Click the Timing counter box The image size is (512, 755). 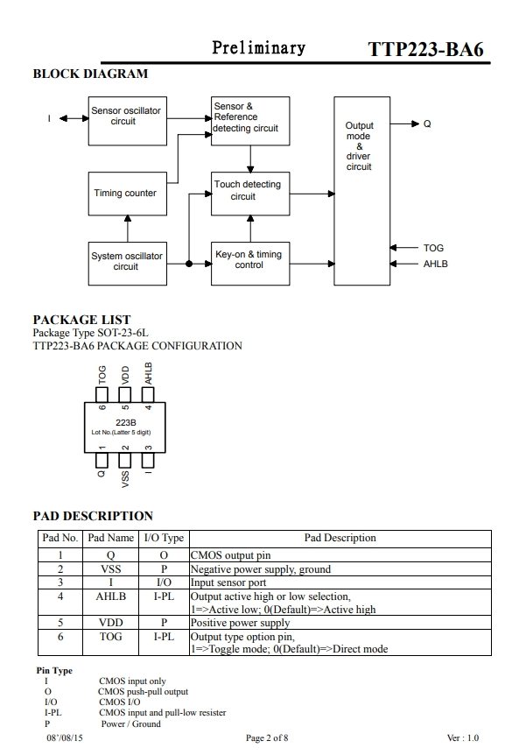tap(128, 194)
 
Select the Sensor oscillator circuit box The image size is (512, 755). tap(128, 121)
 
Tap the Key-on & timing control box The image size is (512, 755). tap(250, 264)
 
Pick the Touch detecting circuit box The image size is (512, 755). tap(250, 194)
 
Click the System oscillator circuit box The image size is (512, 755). tap(128, 264)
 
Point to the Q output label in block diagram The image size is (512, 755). tap(427, 123)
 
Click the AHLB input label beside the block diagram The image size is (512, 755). tap(436, 264)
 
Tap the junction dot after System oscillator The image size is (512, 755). tap(189, 264)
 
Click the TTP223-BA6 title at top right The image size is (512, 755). tap(425, 50)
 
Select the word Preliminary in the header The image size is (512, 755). tap(259, 47)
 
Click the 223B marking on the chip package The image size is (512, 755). tap(126, 422)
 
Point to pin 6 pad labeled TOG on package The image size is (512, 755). tap(102, 395)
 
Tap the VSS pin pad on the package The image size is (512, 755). tap(124, 461)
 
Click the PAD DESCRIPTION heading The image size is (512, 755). tap(93, 516)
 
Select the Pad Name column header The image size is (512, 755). tap(110, 538)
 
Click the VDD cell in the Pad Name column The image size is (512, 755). tap(110, 623)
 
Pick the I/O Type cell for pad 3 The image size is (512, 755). tap(164, 582)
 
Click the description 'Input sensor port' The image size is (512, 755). tap(228, 582)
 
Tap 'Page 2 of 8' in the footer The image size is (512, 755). tap(267, 737)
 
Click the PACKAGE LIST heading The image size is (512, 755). tap(81, 320)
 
